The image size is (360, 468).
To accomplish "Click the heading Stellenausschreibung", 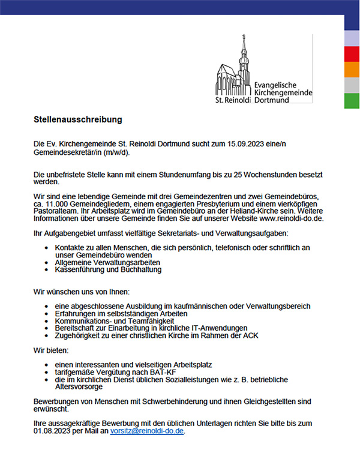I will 78,119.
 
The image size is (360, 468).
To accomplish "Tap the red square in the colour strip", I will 352,53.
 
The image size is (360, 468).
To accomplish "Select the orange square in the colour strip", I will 352,70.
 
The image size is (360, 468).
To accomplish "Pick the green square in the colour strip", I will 352,101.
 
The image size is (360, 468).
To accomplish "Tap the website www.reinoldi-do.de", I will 292,220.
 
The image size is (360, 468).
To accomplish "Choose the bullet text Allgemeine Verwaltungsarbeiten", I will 107,262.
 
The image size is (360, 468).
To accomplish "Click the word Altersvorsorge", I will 79,388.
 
